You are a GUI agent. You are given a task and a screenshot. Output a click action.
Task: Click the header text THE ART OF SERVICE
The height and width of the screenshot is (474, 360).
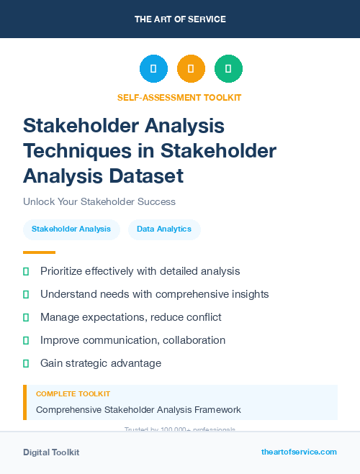click(180, 19)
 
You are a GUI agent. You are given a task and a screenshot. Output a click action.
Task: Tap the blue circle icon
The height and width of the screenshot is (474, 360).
click(153, 69)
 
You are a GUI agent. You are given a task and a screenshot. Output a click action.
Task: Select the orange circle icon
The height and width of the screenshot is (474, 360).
click(191, 69)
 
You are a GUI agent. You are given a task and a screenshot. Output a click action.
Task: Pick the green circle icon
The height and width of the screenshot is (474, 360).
click(228, 69)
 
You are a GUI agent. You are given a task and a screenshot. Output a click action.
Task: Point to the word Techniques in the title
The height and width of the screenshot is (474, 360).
click(72, 150)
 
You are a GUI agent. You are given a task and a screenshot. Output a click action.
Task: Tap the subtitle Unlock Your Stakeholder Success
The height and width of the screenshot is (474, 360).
click(99, 201)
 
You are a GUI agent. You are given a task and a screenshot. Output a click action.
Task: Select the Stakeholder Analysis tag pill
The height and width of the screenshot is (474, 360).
click(71, 229)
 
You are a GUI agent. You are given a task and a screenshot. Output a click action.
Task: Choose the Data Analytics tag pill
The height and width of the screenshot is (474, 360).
click(164, 229)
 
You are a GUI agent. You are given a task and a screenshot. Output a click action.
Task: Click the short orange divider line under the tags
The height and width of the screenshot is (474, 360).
click(39, 252)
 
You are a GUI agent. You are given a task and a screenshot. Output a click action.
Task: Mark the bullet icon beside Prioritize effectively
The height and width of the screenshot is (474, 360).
click(26, 271)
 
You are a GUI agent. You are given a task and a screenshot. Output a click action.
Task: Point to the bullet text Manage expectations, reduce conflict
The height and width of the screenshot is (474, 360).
click(130, 317)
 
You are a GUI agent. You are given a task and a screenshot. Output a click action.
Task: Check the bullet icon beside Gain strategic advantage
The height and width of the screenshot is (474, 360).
click(26, 363)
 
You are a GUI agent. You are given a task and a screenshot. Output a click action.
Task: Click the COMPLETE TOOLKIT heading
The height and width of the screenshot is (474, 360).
click(73, 394)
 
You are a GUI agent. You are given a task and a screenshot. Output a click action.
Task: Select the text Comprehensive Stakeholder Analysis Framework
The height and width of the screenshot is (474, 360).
click(138, 410)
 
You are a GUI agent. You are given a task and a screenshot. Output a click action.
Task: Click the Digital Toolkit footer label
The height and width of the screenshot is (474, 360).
click(51, 452)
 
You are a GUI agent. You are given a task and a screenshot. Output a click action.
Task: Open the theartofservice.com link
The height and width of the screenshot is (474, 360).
click(299, 452)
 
